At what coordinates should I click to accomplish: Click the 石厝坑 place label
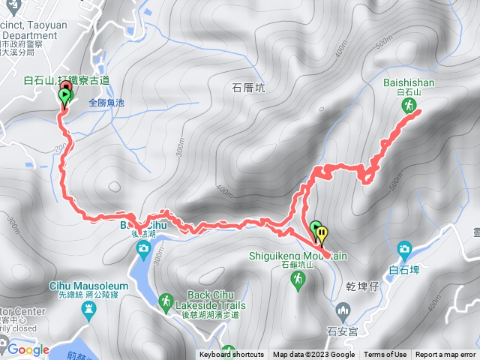pyautogui.click(x=248, y=88)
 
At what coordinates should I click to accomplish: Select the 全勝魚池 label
pyautogui.click(x=109, y=103)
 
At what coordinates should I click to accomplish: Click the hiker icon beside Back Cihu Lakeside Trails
pyautogui.click(x=164, y=301)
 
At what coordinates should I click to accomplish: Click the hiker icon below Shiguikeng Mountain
pyautogui.click(x=298, y=279)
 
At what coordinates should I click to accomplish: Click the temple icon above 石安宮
pyautogui.click(x=342, y=310)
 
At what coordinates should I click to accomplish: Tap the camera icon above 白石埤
pyautogui.click(x=404, y=249)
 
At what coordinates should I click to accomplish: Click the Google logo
pyautogui.click(x=28, y=349)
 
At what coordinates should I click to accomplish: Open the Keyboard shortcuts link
pyautogui.click(x=232, y=355)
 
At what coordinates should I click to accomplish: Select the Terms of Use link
pyautogui.click(x=385, y=355)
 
